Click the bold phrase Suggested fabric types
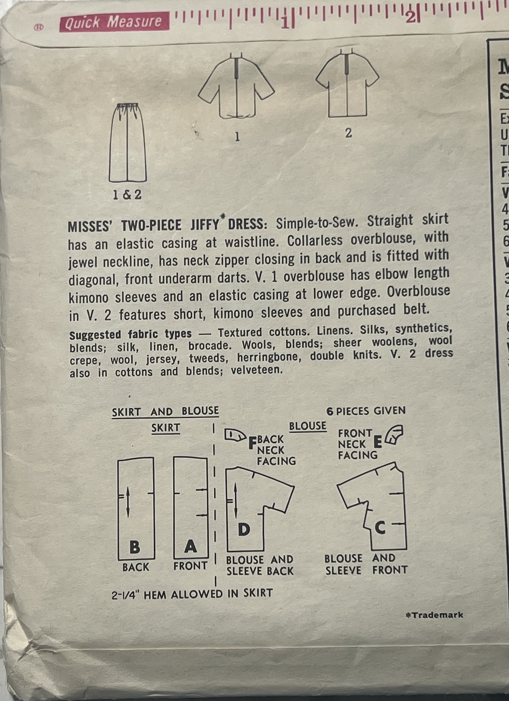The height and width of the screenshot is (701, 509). [130, 334]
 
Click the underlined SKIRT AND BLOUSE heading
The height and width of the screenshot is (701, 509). [165, 412]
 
